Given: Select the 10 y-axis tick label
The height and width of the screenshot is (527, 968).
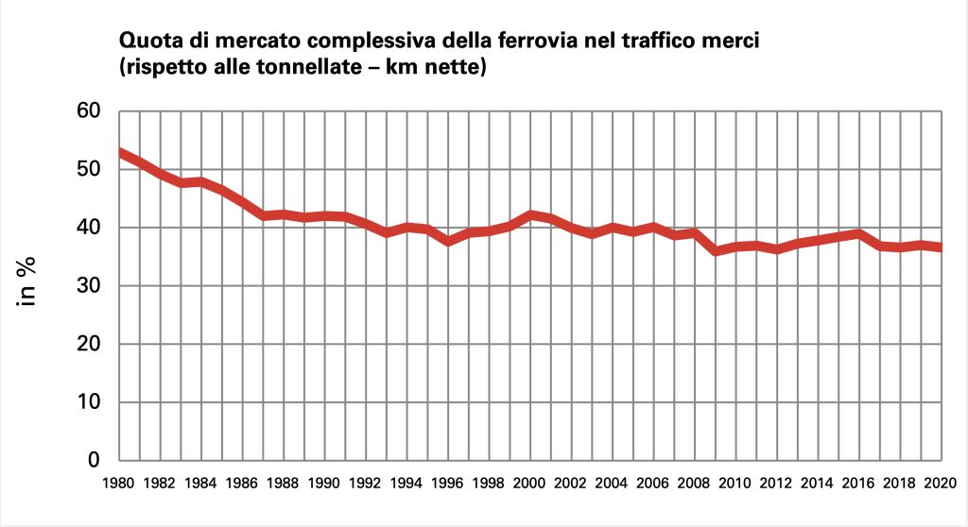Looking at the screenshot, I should tap(88, 402).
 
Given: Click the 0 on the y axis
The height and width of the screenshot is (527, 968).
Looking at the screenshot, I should tap(94, 461).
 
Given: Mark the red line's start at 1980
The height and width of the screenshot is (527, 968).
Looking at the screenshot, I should tap(119, 152).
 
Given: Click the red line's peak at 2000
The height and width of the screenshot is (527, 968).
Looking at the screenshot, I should tap(530, 215).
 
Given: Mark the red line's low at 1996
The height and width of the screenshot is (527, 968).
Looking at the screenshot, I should tap(448, 241).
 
